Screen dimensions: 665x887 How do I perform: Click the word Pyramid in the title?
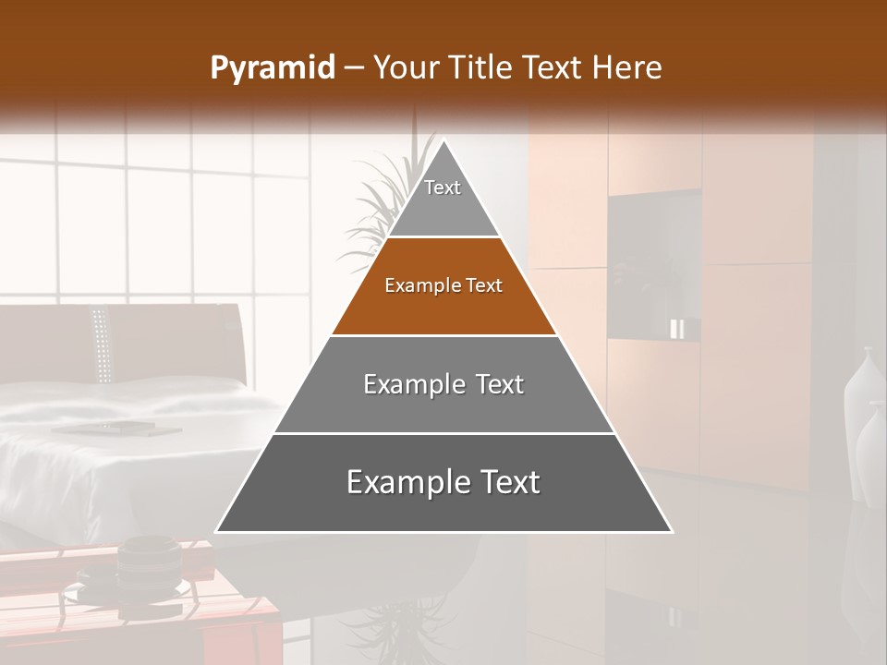pyautogui.click(x=273, y=68)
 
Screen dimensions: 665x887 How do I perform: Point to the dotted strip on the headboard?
pyautogui.click(x=102, y=344)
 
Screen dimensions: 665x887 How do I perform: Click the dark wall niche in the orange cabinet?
pyautogui.click(x=652, y=263)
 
